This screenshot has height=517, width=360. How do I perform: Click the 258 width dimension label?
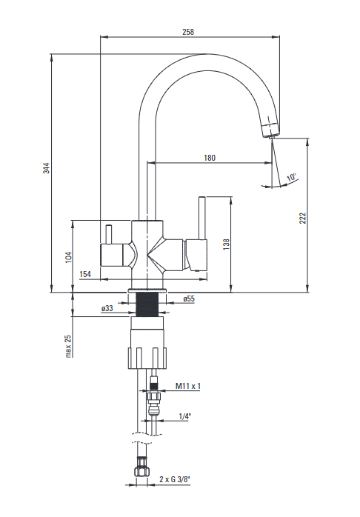[x=188, y=32]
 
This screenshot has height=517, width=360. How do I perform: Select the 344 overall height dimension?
[x=47, y=168]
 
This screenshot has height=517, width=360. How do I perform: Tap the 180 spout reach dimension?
[x=210, y=158]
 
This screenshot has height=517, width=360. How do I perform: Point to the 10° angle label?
[x=292, y=177]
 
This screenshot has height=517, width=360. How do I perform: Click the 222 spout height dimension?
[x=303, y=219]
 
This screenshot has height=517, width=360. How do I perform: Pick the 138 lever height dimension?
[x=227, y=244]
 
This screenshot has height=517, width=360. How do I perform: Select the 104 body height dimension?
[x=69, y=258]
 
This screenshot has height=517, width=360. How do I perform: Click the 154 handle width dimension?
[x=85, y=274]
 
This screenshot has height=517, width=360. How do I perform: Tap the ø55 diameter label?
[x=189, y=298]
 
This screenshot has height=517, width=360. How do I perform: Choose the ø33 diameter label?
[x=107, y=308]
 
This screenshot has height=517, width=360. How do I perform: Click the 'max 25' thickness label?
[x=68, y=346]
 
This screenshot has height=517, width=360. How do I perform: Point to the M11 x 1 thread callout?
[x=188, y=386]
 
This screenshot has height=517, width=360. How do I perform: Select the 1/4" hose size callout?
[x=185, y=416]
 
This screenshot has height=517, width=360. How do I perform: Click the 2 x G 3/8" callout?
[x=175, y=479]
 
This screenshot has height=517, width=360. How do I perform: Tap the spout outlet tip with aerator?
[x=271, y=130]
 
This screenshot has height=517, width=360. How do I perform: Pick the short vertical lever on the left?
[x=109, y=235]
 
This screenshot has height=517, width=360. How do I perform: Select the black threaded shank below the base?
[x=147, y=304]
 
